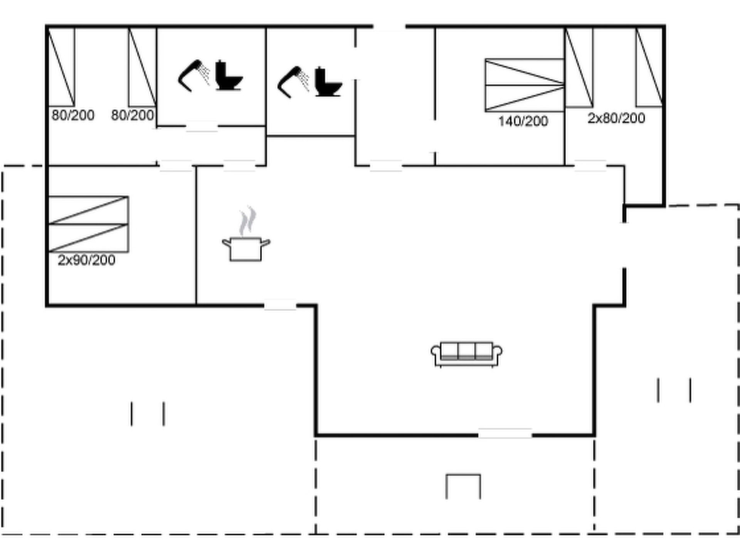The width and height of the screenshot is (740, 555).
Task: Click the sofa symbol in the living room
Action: (x=466, y=354)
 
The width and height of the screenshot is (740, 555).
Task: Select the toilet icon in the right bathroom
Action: (x=328, y=82)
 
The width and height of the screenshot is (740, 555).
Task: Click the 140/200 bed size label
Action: (x=523, y=121)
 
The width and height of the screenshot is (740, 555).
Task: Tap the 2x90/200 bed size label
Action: (x=86, y=260)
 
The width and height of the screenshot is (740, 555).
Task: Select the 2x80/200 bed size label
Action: (x=616, y=118)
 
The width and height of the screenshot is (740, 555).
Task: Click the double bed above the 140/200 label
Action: (x=525, y=85)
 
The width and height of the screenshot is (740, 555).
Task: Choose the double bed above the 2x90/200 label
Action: (x=88, y=224)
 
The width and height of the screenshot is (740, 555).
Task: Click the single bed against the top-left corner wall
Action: (x=61, y=67)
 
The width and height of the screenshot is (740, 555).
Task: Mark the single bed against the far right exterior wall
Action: (x=649, y=67)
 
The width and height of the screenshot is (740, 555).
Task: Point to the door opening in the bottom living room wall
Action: (x=505, y=434)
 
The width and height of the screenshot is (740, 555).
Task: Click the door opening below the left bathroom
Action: (x=202, y=126)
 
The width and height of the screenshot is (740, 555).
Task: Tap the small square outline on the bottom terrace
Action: (x=463, y=486)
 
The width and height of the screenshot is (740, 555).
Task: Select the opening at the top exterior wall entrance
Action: (x=389, y=27)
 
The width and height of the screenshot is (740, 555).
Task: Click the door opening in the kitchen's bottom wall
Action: (x=280, y=305)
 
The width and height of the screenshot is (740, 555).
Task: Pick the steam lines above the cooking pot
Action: (x=247, y=221)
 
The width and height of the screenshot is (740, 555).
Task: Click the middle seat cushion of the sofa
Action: (x=466, y=351)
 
